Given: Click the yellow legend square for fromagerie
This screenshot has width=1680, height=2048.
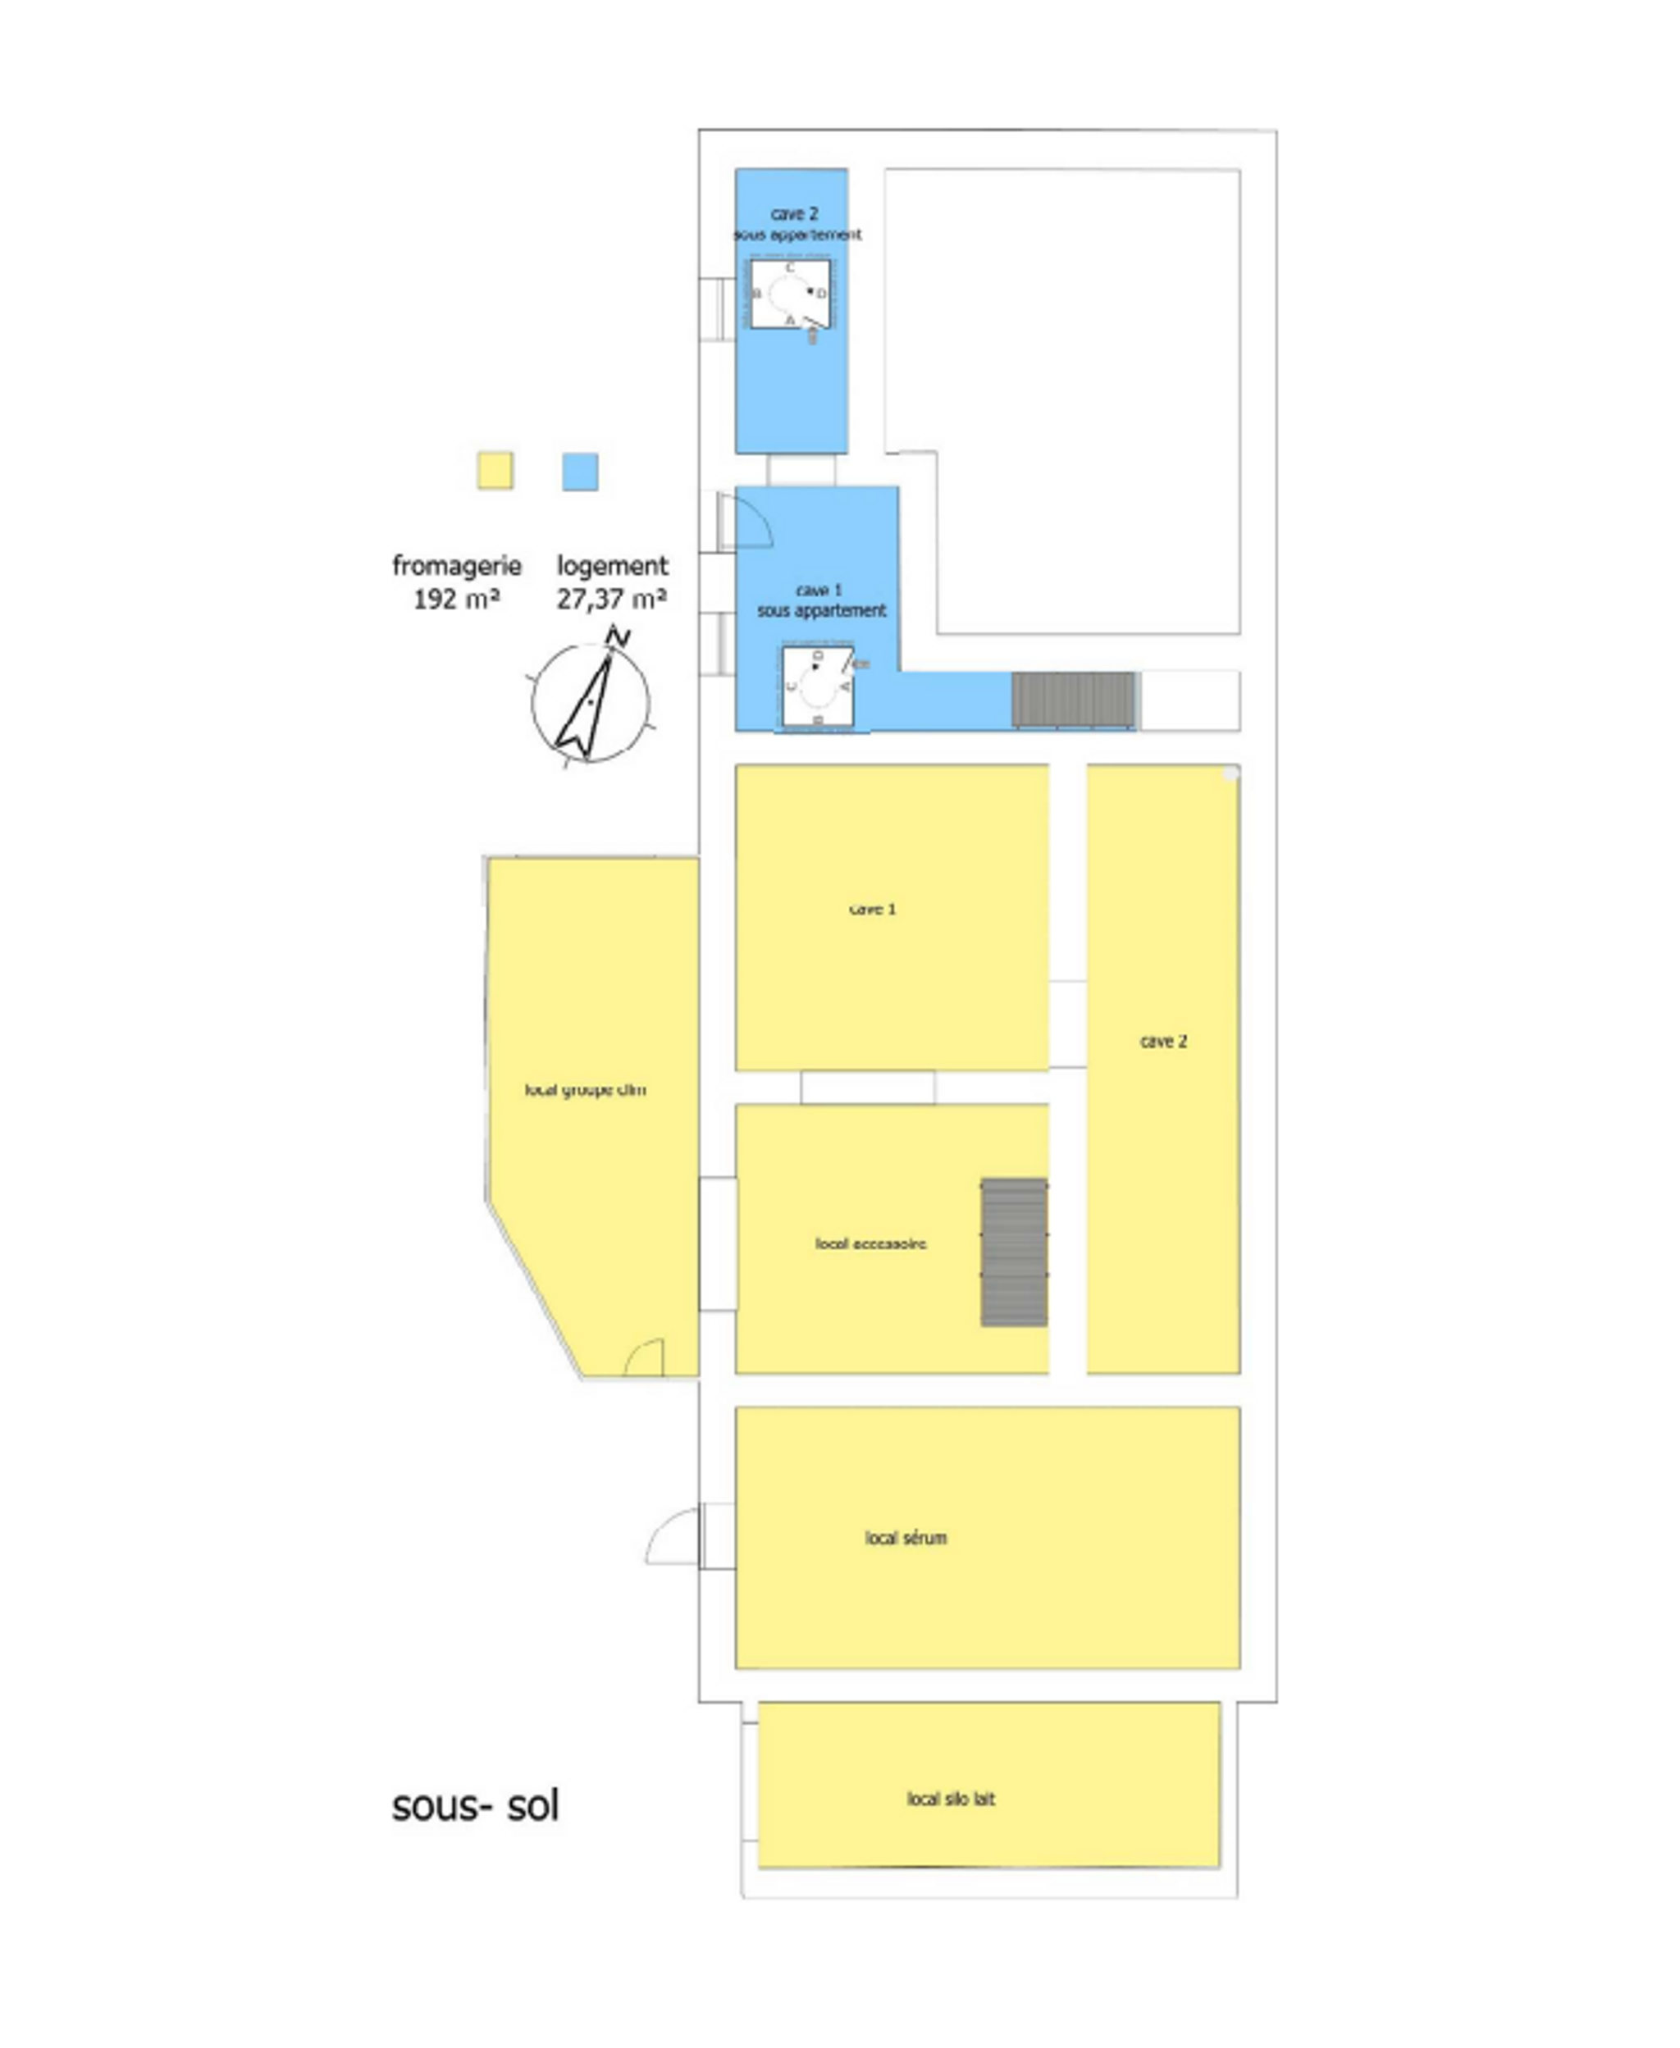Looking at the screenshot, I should [x=495, y=471].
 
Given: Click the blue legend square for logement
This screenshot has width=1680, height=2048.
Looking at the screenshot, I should [x=580, y=471].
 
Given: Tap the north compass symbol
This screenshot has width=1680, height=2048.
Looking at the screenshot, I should [x=591, y=701].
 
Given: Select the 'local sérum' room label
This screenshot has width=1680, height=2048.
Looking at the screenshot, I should [x=906, y=1538].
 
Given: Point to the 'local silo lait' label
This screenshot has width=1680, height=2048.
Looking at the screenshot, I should [x=950, y=1799].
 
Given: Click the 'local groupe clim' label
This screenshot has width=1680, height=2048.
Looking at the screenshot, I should [x=586, y=1089].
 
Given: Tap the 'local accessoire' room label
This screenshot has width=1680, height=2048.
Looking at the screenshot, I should [x=870, y=1243].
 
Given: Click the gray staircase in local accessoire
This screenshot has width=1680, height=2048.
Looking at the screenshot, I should [x=1013, y=1252].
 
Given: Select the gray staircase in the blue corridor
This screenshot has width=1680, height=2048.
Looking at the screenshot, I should [x=1072, y=699].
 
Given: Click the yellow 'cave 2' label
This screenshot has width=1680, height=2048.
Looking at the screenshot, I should [x=1163, y=1041].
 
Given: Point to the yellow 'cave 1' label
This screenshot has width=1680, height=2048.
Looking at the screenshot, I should [x=872, y=909].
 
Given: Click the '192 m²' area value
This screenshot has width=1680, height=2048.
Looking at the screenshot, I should [x=456, y=600].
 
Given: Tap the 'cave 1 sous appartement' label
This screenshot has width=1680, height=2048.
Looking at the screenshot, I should [x=820, y=600].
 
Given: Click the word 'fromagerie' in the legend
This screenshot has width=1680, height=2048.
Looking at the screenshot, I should [x=457, y=566].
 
